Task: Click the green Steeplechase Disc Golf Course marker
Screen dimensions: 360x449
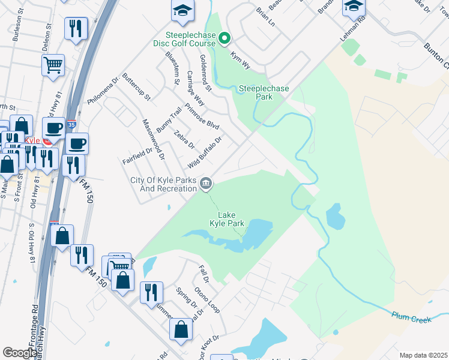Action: tap(224, 40)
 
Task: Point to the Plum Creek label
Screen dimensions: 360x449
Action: tap(411, 317)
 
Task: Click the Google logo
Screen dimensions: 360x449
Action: tap(20, 353)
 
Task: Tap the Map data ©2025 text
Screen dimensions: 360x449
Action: tap(423, 355)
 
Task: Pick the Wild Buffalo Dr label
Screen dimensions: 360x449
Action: tap(205, 152)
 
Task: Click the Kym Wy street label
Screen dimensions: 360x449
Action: tap(240, 59)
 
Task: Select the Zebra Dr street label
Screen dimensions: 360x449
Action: tap(184, 139)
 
